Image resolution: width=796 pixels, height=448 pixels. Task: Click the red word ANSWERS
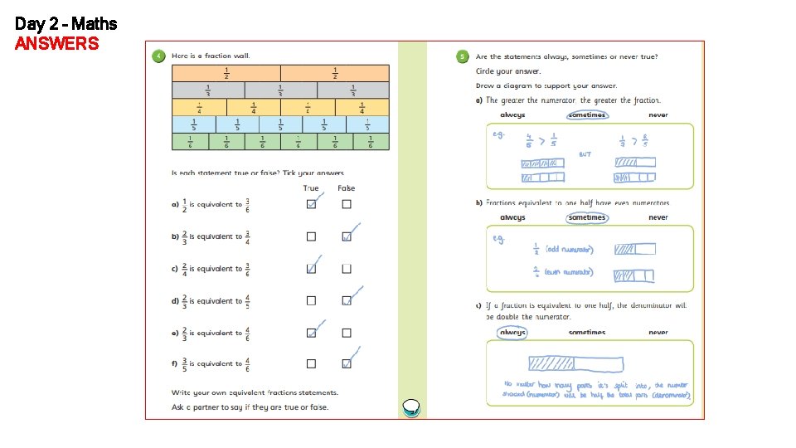tap(56, 43)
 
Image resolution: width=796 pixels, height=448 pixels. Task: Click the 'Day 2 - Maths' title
tap(66, 24)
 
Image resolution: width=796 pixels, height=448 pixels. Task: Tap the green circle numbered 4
tap(158, 56)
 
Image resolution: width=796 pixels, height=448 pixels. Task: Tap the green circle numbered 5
tap(462, 56)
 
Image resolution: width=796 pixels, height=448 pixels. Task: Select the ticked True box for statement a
tap(311, 205)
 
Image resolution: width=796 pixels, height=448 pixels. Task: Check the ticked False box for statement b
tap(347, 236)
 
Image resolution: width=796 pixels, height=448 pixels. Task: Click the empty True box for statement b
tap(311, 236)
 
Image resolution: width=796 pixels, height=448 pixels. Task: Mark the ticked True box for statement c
tap(311, 269)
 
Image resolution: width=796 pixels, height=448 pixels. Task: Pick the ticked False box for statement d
tap(347, 300)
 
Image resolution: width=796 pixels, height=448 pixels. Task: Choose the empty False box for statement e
tap(347, 333)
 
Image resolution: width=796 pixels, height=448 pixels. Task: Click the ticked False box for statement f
tap(347, 363)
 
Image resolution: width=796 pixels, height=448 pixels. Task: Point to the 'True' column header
tap(311, 188)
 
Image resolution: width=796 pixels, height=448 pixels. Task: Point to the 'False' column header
tap(347, 188)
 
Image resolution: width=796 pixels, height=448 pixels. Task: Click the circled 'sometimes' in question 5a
tap(587, 115)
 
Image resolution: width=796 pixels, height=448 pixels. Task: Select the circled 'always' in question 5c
tap(512, 332)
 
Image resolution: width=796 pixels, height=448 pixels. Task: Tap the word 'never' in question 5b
tap(658, 217)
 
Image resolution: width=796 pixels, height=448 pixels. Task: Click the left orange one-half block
tap(226, 73)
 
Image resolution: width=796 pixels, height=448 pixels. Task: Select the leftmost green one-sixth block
tap(190, 142)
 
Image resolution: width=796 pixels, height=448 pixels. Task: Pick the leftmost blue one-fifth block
tap(193, 124)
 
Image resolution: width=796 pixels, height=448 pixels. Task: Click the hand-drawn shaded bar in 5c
tap(575, 363)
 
